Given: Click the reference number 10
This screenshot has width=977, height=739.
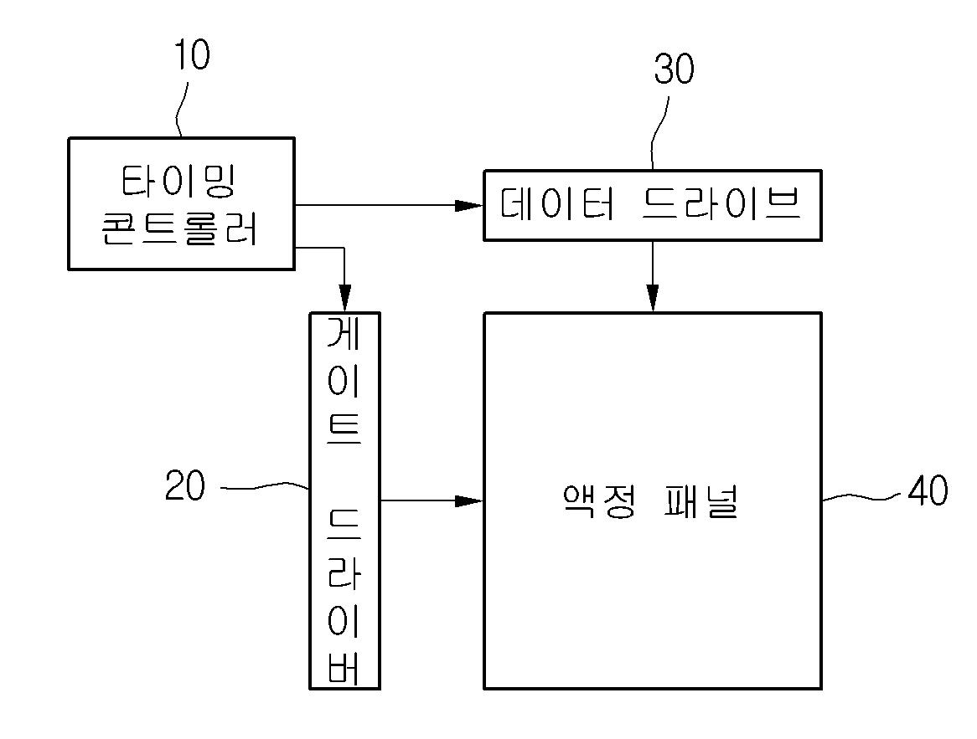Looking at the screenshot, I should (191, 56).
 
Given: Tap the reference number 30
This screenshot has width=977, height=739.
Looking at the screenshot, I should (674, 70).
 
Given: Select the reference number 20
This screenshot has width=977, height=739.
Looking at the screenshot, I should (185, 486).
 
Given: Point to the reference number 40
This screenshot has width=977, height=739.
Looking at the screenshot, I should (928, 491).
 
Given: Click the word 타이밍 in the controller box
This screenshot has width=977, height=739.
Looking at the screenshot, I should (181, 181).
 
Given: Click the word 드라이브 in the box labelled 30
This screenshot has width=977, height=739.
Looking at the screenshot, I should (721, 204).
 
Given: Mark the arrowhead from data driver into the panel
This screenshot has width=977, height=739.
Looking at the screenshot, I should (653, 298).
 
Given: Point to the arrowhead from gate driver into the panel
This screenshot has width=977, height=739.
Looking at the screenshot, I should (469, 501).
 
